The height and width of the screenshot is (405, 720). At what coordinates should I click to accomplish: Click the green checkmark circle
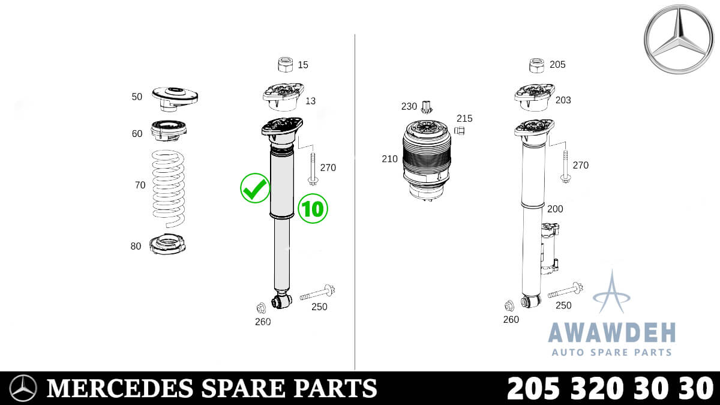click(x=255, y=189)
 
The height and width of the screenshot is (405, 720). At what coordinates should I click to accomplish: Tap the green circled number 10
click(x=313, y=208)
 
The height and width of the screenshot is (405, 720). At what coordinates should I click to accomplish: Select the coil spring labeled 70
click(x=168, y=186)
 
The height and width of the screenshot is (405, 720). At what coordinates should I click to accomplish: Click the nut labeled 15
click(x=286, y=64)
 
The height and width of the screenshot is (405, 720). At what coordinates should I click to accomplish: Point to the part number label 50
click(x=137, y=96)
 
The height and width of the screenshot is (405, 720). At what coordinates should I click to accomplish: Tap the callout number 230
click(x=409, y=106)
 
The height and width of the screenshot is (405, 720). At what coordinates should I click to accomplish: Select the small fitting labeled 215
click(x=460, y=130)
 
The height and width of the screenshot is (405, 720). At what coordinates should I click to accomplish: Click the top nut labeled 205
click(x=536, y=65)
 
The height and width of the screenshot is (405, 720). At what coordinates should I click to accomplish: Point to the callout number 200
click(x=555, y=209)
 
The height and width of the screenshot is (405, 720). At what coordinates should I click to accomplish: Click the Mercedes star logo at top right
click(x=679, y=39)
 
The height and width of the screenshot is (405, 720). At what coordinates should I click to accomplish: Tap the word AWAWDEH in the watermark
click(x=611, y=332)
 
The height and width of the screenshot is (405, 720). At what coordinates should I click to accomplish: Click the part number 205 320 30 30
click(x=610, y=388)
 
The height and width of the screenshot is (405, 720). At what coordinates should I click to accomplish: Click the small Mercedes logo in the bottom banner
click(x=24, y=388)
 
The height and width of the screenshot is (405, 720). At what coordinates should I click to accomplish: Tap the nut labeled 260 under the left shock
click(x=261, y=308)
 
